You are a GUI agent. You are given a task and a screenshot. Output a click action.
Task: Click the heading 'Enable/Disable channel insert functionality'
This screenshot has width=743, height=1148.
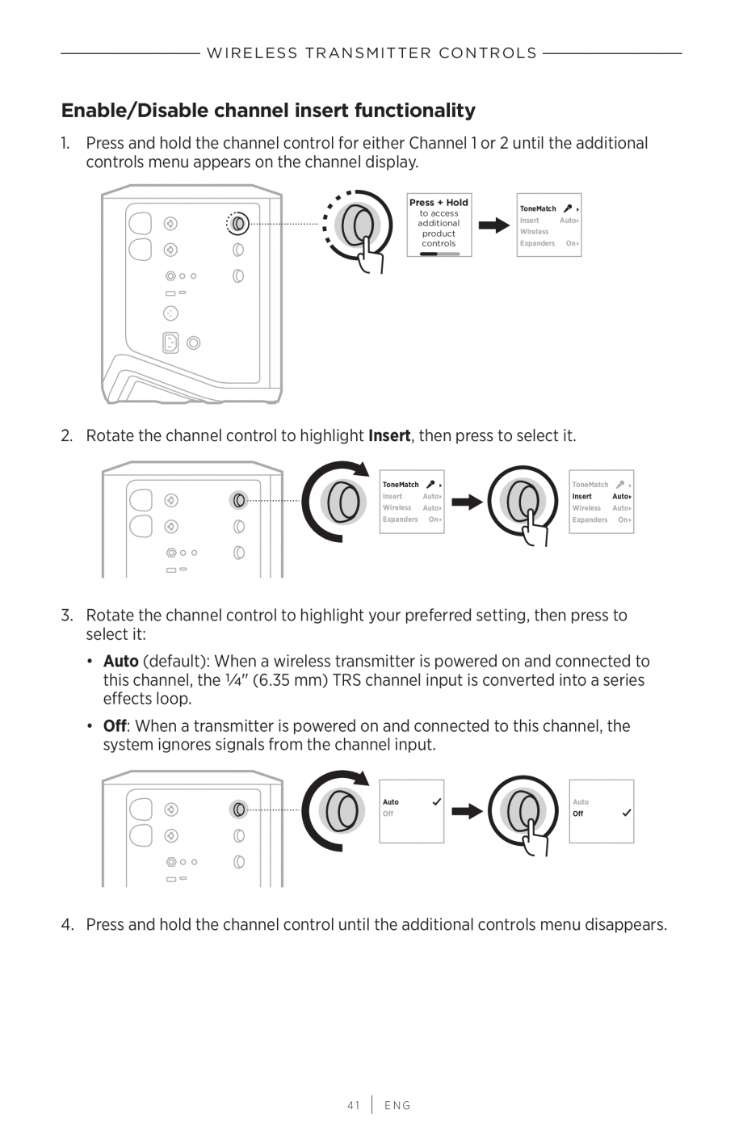[268, 110]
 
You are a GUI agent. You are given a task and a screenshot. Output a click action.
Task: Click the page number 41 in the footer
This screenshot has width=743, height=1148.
[353, 1105]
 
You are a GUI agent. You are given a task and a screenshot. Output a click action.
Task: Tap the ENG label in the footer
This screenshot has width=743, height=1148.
[397, 1105]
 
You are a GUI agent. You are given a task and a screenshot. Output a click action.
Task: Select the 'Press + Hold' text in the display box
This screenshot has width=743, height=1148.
[439, 203]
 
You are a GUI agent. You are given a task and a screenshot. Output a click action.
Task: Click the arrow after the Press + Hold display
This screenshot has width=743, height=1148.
[493, 225]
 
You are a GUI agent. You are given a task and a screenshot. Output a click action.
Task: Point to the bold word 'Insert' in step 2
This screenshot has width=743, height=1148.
[389, 436]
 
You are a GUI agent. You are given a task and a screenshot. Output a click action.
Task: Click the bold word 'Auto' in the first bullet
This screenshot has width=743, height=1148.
[120, 662]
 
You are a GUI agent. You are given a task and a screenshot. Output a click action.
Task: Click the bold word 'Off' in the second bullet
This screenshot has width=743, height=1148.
[115, 726]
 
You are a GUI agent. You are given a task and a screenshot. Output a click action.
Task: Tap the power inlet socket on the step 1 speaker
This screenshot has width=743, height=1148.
[170, 343]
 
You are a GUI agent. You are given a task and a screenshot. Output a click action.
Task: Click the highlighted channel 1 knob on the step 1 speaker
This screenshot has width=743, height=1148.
[237, 223]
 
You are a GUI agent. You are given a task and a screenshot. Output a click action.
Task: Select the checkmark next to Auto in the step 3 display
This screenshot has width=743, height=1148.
[436, 802]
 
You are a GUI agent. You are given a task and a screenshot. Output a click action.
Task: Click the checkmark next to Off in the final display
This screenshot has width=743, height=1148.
[626, 814]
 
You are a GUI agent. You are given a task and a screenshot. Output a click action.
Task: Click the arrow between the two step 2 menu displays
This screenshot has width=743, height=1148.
[466, 503]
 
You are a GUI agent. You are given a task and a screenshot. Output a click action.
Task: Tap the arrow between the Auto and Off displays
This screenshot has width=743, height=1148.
[466, 811]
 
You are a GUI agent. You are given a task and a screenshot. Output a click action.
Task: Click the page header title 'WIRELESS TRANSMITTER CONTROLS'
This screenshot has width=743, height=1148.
[371, 53]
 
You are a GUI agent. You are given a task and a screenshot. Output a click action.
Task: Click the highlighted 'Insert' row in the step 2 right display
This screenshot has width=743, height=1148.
[601, 497]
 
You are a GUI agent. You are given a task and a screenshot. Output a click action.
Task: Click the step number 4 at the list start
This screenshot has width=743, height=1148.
[67, 925]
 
